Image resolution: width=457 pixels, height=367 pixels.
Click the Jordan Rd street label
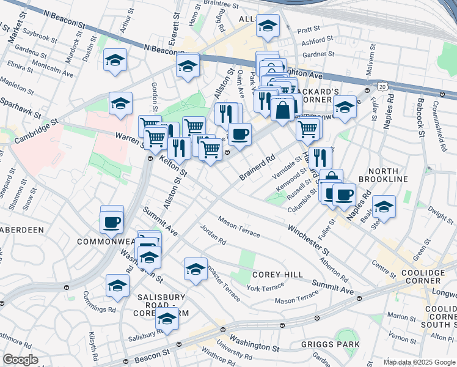[x=214, y=235]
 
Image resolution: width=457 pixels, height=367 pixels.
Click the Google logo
[x=20, y=360]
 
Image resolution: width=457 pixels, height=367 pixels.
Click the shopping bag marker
[x=283, y=110]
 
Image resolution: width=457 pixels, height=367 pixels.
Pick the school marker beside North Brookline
[x=384, y=206]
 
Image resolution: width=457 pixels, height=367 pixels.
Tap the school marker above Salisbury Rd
[x=167, y=318]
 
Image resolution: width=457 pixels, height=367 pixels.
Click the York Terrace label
[x=265, y=287]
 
